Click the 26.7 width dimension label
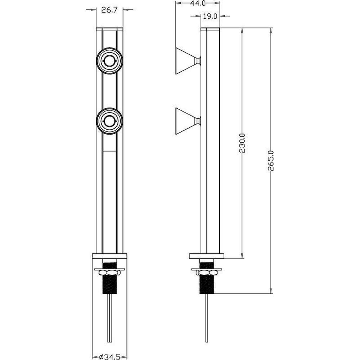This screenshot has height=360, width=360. [109, 10]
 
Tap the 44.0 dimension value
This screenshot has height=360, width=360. [197, 3]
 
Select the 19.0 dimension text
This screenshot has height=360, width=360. [210, 16]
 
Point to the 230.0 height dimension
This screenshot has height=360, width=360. [242, 143]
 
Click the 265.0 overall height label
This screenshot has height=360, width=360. [271, 161]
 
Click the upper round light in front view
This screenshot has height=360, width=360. [109, 61]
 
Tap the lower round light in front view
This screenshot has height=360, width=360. [109, 121]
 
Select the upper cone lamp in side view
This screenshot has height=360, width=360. [188, 61]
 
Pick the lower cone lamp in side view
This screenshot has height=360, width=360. [188, 121]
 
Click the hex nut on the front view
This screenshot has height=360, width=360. [109, 273]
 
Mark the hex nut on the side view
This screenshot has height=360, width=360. [207, 273]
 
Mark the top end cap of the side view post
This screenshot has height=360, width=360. [210, 30]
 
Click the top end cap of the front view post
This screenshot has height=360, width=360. [109, 30]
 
